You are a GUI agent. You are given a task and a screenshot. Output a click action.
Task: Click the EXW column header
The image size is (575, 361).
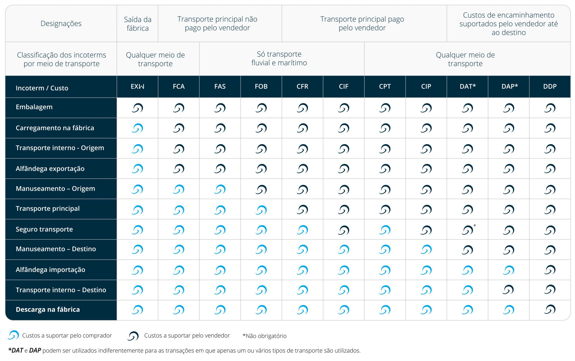[x=137, y=86]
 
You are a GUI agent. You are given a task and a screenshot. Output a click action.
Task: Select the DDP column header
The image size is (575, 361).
[x=549, y=86]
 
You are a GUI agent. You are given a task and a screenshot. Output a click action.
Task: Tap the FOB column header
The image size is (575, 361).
[x=261, y=86]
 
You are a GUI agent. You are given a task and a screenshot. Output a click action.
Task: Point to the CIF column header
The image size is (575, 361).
[x=343, y=86]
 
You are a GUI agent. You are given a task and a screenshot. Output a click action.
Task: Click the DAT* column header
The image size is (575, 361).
[x=467, y=86]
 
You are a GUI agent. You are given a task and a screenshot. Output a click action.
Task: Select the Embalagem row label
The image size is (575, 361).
[x=34, y=107]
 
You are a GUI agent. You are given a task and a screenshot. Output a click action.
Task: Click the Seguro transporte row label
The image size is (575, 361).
[x=44, y=229]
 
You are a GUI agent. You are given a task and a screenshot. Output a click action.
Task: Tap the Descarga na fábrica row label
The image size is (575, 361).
[x=48, y=310]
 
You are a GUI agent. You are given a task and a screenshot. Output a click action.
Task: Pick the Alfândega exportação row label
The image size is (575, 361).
[x=50, y=169]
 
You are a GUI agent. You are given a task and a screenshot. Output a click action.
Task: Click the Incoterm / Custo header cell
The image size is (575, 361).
[x=42, y=88]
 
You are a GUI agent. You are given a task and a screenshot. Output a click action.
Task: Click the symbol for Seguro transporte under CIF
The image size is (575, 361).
[x=344, y=230]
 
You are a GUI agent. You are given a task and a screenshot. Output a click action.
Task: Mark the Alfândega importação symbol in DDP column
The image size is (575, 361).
[x=550, y=270]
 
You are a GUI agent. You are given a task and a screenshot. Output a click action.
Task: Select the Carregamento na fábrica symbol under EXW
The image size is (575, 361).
[x=138, y=128]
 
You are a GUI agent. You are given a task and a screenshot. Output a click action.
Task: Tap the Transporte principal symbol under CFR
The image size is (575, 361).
[x=302, y=210]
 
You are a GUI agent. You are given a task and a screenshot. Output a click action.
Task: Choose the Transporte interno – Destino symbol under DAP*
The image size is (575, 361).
[x=508, y=290]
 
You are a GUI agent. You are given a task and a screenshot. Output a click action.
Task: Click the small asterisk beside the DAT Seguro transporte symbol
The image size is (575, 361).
[x=474, y=225]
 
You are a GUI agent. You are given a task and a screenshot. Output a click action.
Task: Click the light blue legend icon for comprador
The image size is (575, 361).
[x=13, y=335]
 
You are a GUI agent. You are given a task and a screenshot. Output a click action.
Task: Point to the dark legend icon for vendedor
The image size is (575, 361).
[x=133, y=336]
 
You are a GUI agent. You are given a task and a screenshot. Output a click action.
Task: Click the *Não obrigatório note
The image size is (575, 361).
[x=264, y=336]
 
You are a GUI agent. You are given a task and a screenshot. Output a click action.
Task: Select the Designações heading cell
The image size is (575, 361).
[x=61, y=24]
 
